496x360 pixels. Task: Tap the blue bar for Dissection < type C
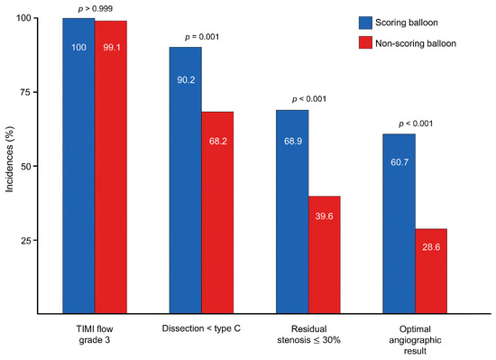click(x=186, y=180)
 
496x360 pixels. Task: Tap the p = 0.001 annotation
click(x=202, y=37)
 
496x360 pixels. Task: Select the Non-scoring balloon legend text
click(x=427, y=42)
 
